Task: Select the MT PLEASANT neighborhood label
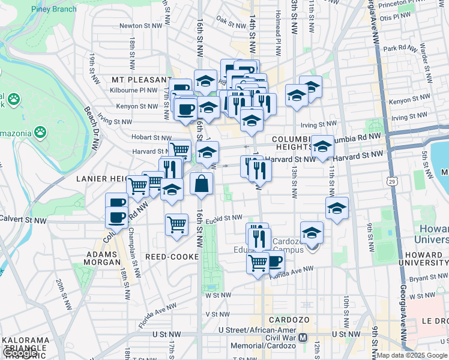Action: point(142,79)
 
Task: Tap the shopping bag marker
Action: point(202,184)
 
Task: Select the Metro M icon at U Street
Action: point(304,337)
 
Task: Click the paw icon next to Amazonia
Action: point(40,131)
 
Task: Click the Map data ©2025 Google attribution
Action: point(411,355)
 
